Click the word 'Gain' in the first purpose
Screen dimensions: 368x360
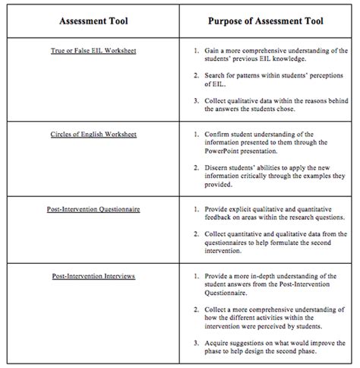213,51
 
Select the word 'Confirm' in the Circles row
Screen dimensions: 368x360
219,133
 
